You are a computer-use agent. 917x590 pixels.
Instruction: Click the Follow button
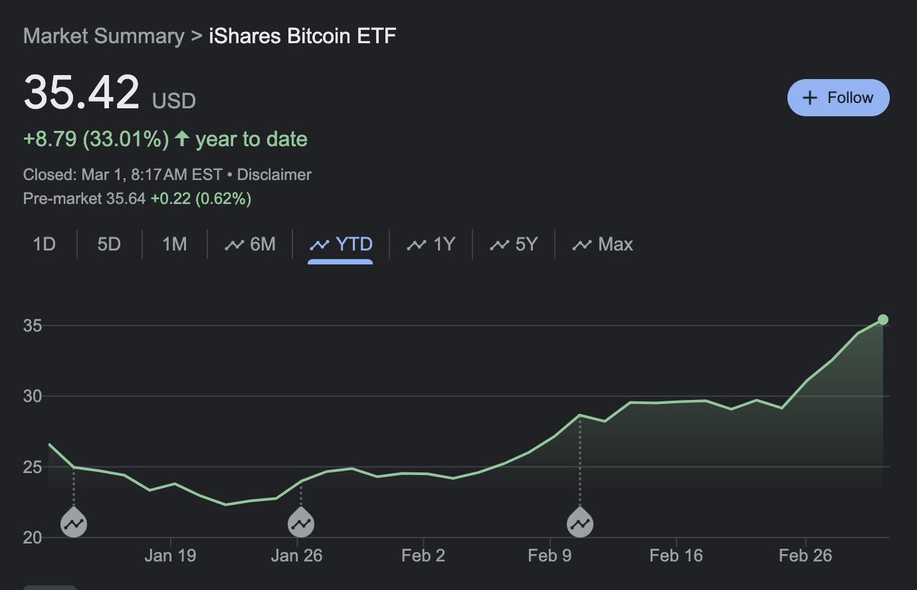pyautogui.click(x=838, y=98)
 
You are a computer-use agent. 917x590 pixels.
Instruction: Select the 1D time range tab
pyautogui.click(x=44, y=245)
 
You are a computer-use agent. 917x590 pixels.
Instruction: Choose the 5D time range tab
pyautogui.click(x=109, y=245)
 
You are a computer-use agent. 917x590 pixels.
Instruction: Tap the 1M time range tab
pyautogui.click(x=174, y=245)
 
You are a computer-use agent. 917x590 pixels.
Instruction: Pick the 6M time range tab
pyautogui.click(x=251, y=245)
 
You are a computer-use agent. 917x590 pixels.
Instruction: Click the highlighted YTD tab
pyautogui.click(x=341, y=245)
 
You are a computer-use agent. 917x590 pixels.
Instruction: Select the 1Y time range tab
pyautogui.click(x=431, y=245)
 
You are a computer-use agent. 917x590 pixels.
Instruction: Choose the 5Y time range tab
pyautogui.click(x=514, y=245)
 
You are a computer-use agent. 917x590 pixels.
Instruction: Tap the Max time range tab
pyautogui.click(x=603, y=245)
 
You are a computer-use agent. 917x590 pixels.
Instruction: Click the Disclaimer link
pyautogui.click(x=274, y=175)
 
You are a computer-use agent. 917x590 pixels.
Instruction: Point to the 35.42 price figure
pyautogui.click(x=81, y=92)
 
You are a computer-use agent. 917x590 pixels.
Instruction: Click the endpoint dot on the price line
pyautogui.click(x=883, y=320)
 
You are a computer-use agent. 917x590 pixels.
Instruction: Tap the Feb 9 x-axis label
pyautogui.click(x=550, y=555)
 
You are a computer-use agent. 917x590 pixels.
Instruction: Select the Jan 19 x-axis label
pyautogui.click(x=170, y=555)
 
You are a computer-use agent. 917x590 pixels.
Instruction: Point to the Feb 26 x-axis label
pyautogui.click(x=805, y=555)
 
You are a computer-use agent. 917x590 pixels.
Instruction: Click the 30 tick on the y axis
pyautogui.click(x=33, y=397)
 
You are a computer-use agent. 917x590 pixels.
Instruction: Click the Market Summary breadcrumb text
pyautogui.click(x=104, y=36)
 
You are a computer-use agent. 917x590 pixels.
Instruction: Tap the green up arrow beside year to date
pyautogui.click(x=182, y=139)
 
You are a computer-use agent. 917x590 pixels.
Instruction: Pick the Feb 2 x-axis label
pyautogui.click(x=423, y=555)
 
